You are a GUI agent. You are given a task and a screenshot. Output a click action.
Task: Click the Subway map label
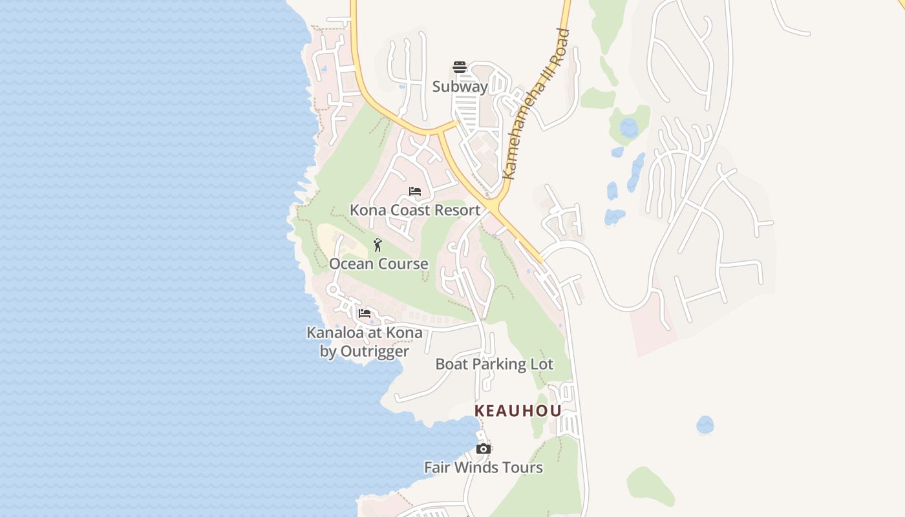[460, 87]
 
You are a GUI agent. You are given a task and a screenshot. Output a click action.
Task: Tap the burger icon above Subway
[460, 67]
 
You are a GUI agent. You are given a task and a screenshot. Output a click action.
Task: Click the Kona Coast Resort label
[415, 210]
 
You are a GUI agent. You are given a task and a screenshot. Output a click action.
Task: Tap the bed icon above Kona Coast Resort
[415, 191]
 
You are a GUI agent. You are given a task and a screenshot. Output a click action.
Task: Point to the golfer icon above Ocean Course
[378, 245]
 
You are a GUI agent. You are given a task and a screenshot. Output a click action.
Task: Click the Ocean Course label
[378, 264]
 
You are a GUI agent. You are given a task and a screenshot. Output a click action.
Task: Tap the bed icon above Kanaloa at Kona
[365, 313]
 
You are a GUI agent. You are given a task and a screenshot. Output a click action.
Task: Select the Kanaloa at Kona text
[365, 333]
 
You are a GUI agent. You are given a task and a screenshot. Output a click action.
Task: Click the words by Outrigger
[365, 352]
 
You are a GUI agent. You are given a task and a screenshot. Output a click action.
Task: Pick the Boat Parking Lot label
[495, 364]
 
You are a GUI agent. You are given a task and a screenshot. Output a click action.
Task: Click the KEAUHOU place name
[517, 411]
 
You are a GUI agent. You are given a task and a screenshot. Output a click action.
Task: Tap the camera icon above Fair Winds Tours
[483, 448]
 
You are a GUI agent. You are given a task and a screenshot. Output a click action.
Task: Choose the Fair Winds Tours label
[483, 467]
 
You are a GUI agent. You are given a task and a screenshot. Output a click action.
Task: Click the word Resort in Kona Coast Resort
[457, 210]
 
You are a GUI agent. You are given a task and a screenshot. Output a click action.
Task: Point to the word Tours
[524, 467]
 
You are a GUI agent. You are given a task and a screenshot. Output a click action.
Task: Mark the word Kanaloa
[334, 333]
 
